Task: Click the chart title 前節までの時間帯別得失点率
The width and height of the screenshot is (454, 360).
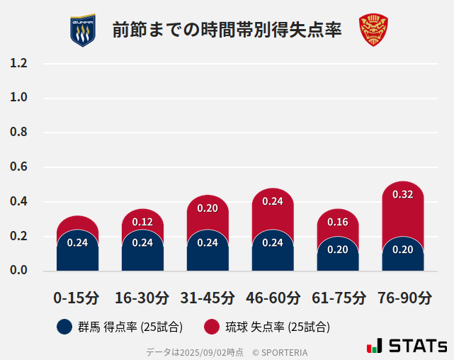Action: coord(227,30)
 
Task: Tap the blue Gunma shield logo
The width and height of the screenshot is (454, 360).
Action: coord(82,30)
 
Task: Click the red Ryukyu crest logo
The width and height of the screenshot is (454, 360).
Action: coord(373,30)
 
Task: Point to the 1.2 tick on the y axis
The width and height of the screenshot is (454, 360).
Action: coord(18,63)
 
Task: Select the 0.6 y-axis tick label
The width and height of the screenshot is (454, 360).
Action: coord(18,167)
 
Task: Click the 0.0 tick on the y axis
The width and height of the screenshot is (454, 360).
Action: coord(18,271)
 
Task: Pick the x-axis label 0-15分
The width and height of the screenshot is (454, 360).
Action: coord(77,297)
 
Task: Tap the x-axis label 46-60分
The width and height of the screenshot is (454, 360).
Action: coord(273,297)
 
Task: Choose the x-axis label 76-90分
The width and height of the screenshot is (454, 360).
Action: coord(403,297)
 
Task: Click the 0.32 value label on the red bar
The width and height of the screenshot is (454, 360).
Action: coord(403,194)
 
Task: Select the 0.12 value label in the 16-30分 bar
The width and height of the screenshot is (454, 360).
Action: coord(142,222)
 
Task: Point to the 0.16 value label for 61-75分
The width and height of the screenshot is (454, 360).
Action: coord(338,222)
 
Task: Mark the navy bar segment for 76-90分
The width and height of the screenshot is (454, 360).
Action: coord(403,260)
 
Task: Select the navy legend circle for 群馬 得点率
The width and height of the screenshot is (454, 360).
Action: coord(64,327)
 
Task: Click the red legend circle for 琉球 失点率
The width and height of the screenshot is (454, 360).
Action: coord(212,327)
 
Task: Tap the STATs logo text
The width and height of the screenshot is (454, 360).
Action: coord(418,346)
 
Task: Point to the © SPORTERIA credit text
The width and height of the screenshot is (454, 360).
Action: coord(280,352)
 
